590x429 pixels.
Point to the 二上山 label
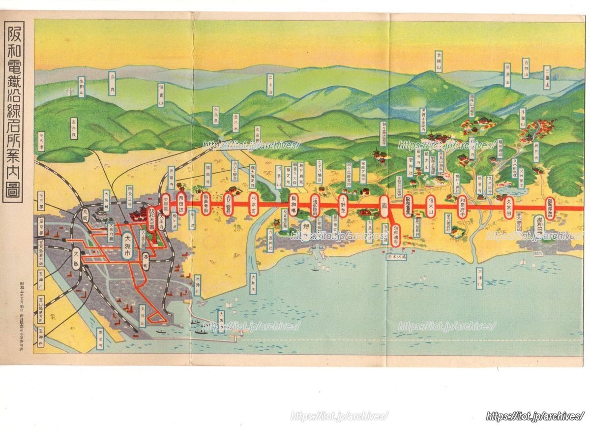click(270, 85)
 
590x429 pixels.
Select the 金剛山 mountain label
click(439, 61)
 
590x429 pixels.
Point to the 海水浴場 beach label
click(397, 257)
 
